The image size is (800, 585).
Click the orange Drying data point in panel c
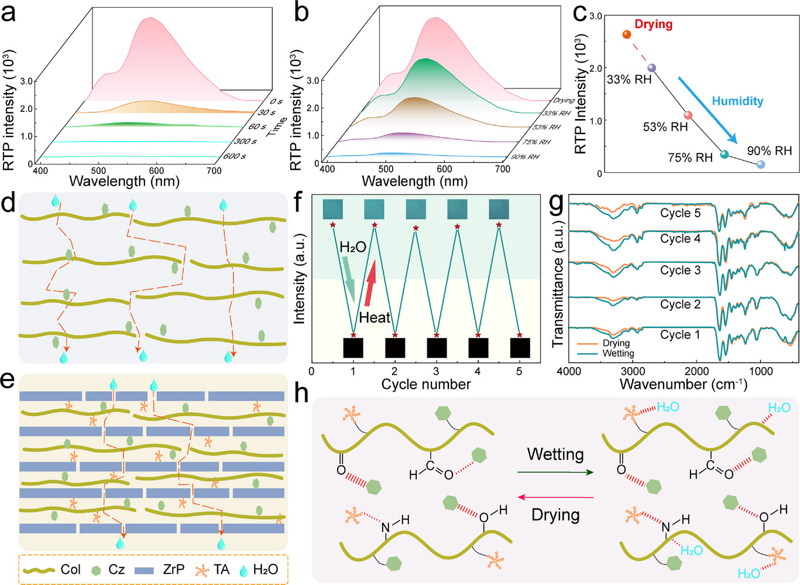tap(626, 35)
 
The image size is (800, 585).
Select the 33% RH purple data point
tap(652, 69)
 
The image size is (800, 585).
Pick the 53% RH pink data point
tap(688, 115)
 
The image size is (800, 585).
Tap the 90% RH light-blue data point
tap(761, 165)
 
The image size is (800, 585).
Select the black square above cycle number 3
tap(437, 348)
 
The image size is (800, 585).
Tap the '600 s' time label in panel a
tap(234, 156)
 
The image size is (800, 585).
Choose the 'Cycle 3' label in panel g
tap(680, 271)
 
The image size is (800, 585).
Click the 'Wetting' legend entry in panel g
tap(617, 353)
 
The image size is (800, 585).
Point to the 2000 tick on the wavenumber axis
tap(696, 371)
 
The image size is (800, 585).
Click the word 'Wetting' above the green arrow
tap(555, 454)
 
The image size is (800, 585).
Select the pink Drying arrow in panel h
tap(555, 498)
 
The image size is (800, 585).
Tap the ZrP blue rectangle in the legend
tap(144, 570)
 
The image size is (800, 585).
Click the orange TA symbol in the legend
tap(202, 570)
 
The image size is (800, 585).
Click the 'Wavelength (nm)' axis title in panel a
tap(124, 180)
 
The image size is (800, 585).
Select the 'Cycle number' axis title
tap(425, 384)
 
